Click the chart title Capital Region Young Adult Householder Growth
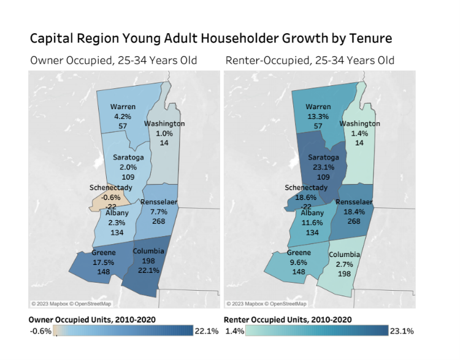pos(211,38)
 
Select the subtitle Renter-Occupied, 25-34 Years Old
pos(310,60)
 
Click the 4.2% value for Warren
pos(123,115)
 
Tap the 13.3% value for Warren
pos(318,116)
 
